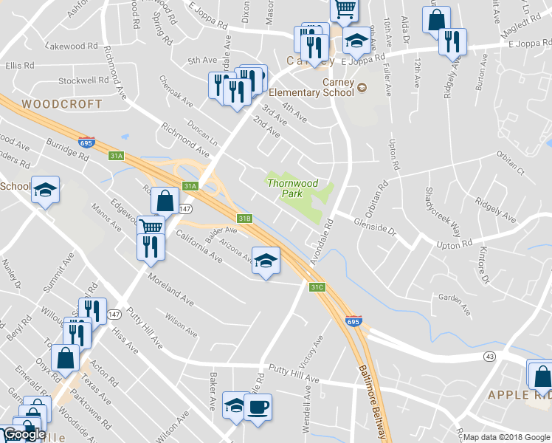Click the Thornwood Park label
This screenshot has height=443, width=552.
click(x=293, y=188)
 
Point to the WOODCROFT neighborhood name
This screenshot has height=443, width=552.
click(x=62, y=104)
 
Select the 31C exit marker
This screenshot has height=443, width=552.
click(x=317, y=286)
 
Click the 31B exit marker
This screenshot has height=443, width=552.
click(x=245, y=218)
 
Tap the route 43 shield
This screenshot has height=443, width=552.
click(x=489, y=357)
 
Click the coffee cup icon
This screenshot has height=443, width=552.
click(x=258, y=407)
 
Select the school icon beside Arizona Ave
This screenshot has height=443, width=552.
click(x=266, y=260)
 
